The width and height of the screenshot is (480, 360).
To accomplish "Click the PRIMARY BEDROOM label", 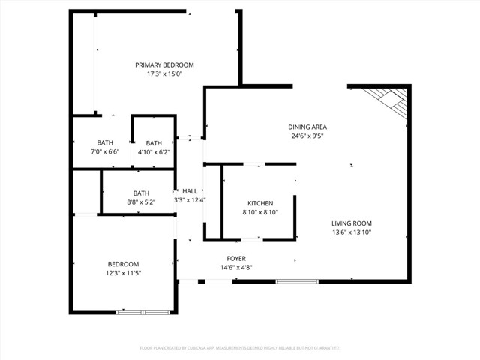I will (164, 65).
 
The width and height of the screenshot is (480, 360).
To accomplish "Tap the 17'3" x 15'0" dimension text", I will (164, 74).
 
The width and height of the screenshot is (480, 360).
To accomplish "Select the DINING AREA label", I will (307, 127).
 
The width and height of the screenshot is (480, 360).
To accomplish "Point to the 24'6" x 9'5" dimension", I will (307, 136).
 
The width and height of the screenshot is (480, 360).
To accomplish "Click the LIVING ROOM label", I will (352, 223).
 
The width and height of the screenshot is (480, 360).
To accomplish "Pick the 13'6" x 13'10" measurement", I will (352, 232).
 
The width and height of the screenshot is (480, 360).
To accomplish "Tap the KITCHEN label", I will (260, 203).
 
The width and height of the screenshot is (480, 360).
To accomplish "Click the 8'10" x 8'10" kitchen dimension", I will (260, 213).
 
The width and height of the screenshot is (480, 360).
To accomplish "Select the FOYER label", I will (236, 258).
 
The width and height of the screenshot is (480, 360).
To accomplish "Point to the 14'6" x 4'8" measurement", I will (236, 267).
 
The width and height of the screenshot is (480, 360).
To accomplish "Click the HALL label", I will (190, 191).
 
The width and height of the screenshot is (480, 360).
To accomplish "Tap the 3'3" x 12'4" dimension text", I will (190, 200).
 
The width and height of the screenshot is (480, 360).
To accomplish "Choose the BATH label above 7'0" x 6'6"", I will (104, 143).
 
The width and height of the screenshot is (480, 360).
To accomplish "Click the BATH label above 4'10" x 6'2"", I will (154, 143).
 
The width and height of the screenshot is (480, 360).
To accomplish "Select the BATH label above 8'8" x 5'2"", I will (141, 193).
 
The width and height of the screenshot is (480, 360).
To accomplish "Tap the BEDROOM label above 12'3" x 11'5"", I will (123, 264).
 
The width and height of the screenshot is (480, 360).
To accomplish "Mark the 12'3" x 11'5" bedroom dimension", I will (123, 273).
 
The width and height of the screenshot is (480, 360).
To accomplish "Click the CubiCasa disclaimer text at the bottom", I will (240, 348).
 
